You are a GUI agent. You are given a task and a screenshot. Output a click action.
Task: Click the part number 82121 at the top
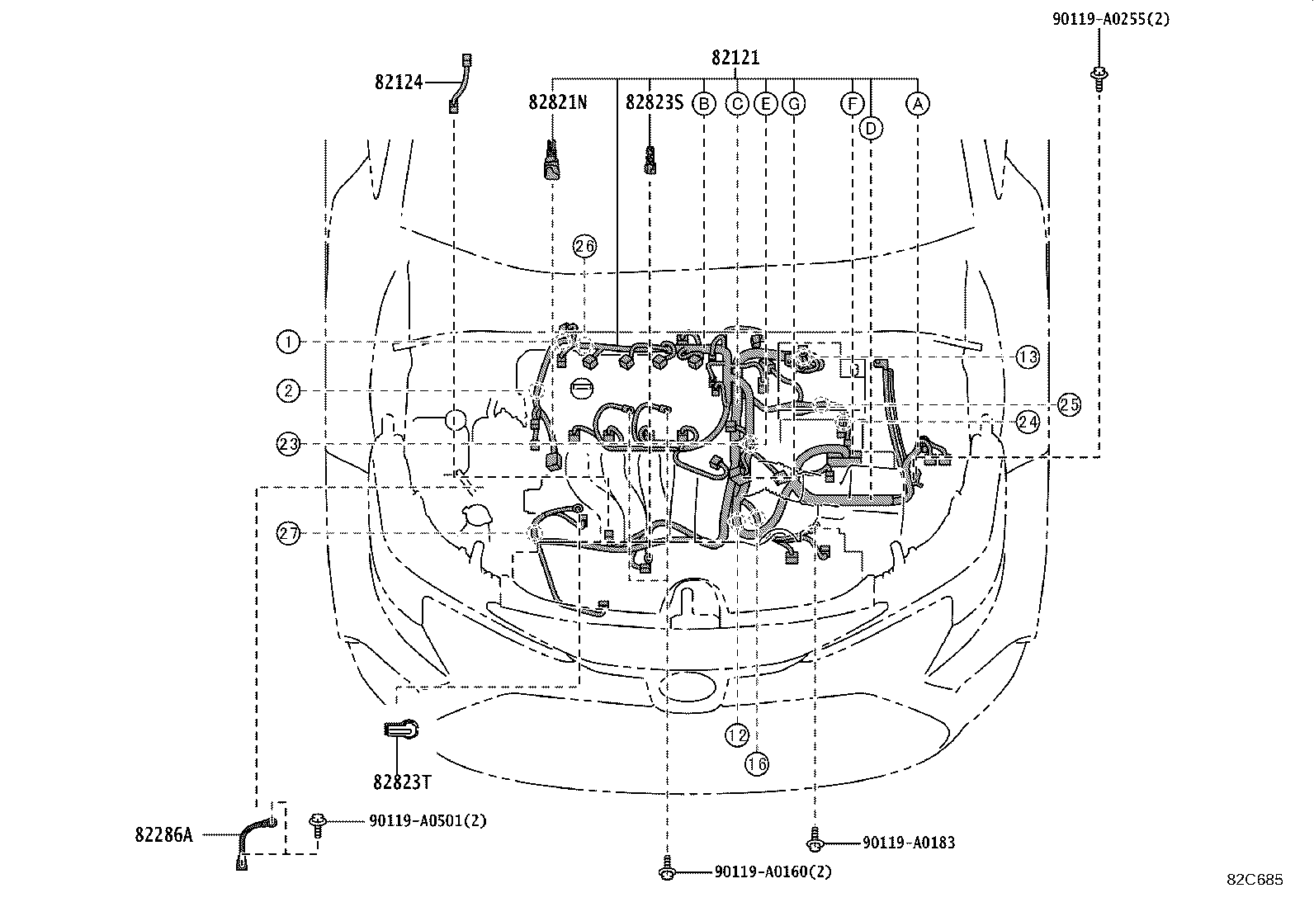735,58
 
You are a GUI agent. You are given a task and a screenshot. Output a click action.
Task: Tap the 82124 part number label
399,83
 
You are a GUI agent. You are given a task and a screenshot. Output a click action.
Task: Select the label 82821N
557,102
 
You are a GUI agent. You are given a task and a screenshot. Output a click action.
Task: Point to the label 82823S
654,102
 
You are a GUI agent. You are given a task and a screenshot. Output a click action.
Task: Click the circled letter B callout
704,104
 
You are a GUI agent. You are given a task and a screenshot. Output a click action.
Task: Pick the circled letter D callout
871,129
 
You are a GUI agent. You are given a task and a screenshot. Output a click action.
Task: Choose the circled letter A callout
918,104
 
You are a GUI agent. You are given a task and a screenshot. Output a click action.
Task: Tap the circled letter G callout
794,104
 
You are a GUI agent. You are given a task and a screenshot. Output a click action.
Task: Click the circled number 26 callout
584,246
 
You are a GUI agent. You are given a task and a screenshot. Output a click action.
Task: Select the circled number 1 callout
287,341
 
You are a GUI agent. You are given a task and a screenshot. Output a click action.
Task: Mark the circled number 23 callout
287,444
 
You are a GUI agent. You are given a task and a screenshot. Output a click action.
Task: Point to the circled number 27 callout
287,533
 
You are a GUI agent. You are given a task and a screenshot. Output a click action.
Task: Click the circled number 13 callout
1027,357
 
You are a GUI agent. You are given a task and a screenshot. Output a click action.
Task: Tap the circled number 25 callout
1069,404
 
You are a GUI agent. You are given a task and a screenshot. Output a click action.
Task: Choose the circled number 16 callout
757,764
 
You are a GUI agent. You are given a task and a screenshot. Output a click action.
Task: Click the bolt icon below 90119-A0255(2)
1099,79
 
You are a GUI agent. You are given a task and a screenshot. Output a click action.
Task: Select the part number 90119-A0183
909,843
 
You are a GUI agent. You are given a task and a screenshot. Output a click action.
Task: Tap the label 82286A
163,835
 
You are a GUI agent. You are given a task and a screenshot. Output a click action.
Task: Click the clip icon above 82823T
402,729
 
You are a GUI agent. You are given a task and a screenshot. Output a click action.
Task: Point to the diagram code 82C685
1255,880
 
